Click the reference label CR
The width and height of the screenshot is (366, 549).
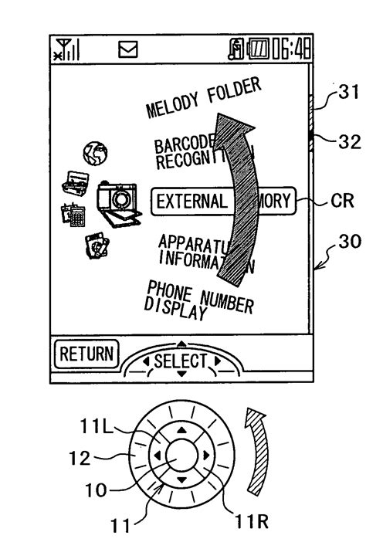click(x=344, y=202)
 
